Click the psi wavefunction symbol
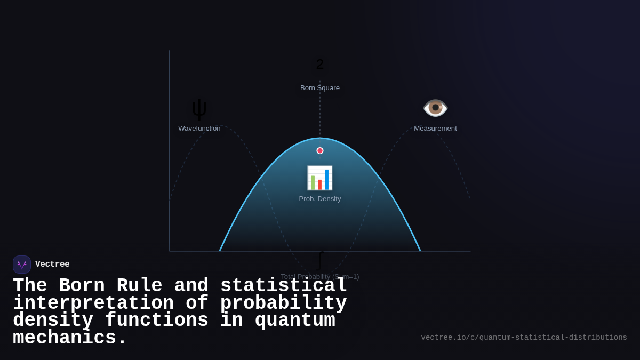pos(199,109)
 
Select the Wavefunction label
pos(199,129)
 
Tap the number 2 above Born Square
pos(320,65)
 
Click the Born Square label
pos(320,88)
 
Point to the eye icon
pos(435,108)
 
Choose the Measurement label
pos(435,129)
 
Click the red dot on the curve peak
pos(320,151)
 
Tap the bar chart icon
pos(320,178)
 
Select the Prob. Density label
pos(320,199)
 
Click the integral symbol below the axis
pos(320,260)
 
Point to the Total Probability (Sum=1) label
pos(320,276)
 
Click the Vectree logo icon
pos(22,265)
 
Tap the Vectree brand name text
pos(52,265)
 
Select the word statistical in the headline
pos(284,286)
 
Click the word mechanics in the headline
pos(64,338)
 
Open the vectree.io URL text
pos(524,338)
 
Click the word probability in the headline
pos(283,303)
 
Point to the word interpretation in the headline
pos(93,303)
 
